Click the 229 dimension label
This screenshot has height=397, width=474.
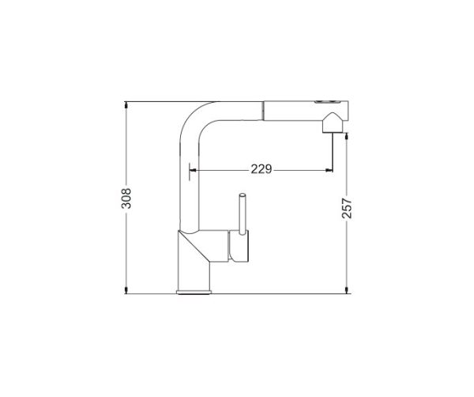click(261, 169)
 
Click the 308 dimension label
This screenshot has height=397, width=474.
click(126, 198)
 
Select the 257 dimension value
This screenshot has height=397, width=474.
click(347, 208)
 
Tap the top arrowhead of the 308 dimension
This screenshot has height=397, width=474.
click(126, 104)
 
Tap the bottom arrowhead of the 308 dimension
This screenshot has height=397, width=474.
click(126, 290)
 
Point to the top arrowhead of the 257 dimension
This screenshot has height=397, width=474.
click(347, 136)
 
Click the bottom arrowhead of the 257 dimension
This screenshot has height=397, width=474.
click(347, 290)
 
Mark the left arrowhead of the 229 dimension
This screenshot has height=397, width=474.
click(194, 170)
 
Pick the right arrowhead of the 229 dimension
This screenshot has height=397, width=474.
click(329, 170)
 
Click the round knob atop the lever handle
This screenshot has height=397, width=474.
click(243, 195)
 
